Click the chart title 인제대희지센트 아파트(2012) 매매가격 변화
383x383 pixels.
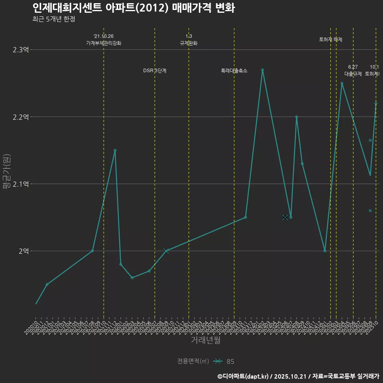click(x=133, y=8)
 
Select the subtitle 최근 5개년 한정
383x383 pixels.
click(x=53, y=19)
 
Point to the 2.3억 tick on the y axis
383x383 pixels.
click(x=21, y=50)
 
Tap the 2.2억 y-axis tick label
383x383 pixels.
click(x=21, y=117)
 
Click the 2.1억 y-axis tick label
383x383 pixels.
click(x=21, y=184)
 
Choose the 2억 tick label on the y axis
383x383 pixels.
click(x=24, y=251)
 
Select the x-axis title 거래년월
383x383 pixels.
click(x=205, y=340)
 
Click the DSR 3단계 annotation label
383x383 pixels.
click(x=155, y=71)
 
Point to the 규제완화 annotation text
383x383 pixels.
click(x=189, y=43)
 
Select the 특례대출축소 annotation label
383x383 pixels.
click(x=234, y=71)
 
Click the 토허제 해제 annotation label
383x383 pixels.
click(x=331, y=39)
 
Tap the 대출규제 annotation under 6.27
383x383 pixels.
click(x=353, y=74)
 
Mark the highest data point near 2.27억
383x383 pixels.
click(x=263, y=70)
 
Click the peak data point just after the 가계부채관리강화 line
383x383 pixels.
click(x=115, y=150)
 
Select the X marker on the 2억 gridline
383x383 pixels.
click(x=166, y=251)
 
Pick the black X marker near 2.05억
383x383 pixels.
click(x=285, y=217)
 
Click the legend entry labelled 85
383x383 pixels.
click(x=230, y=361)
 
